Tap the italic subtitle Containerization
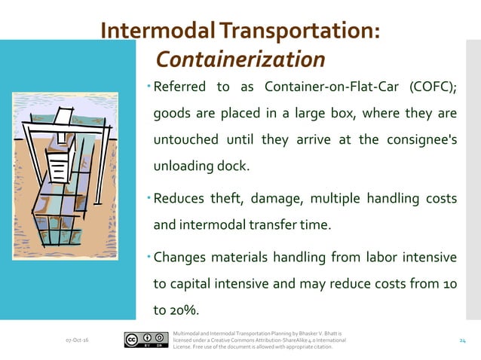click(x=240, y=59)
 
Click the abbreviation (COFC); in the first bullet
click(x=430, y=86)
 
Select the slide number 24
click(x=464, y=341)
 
